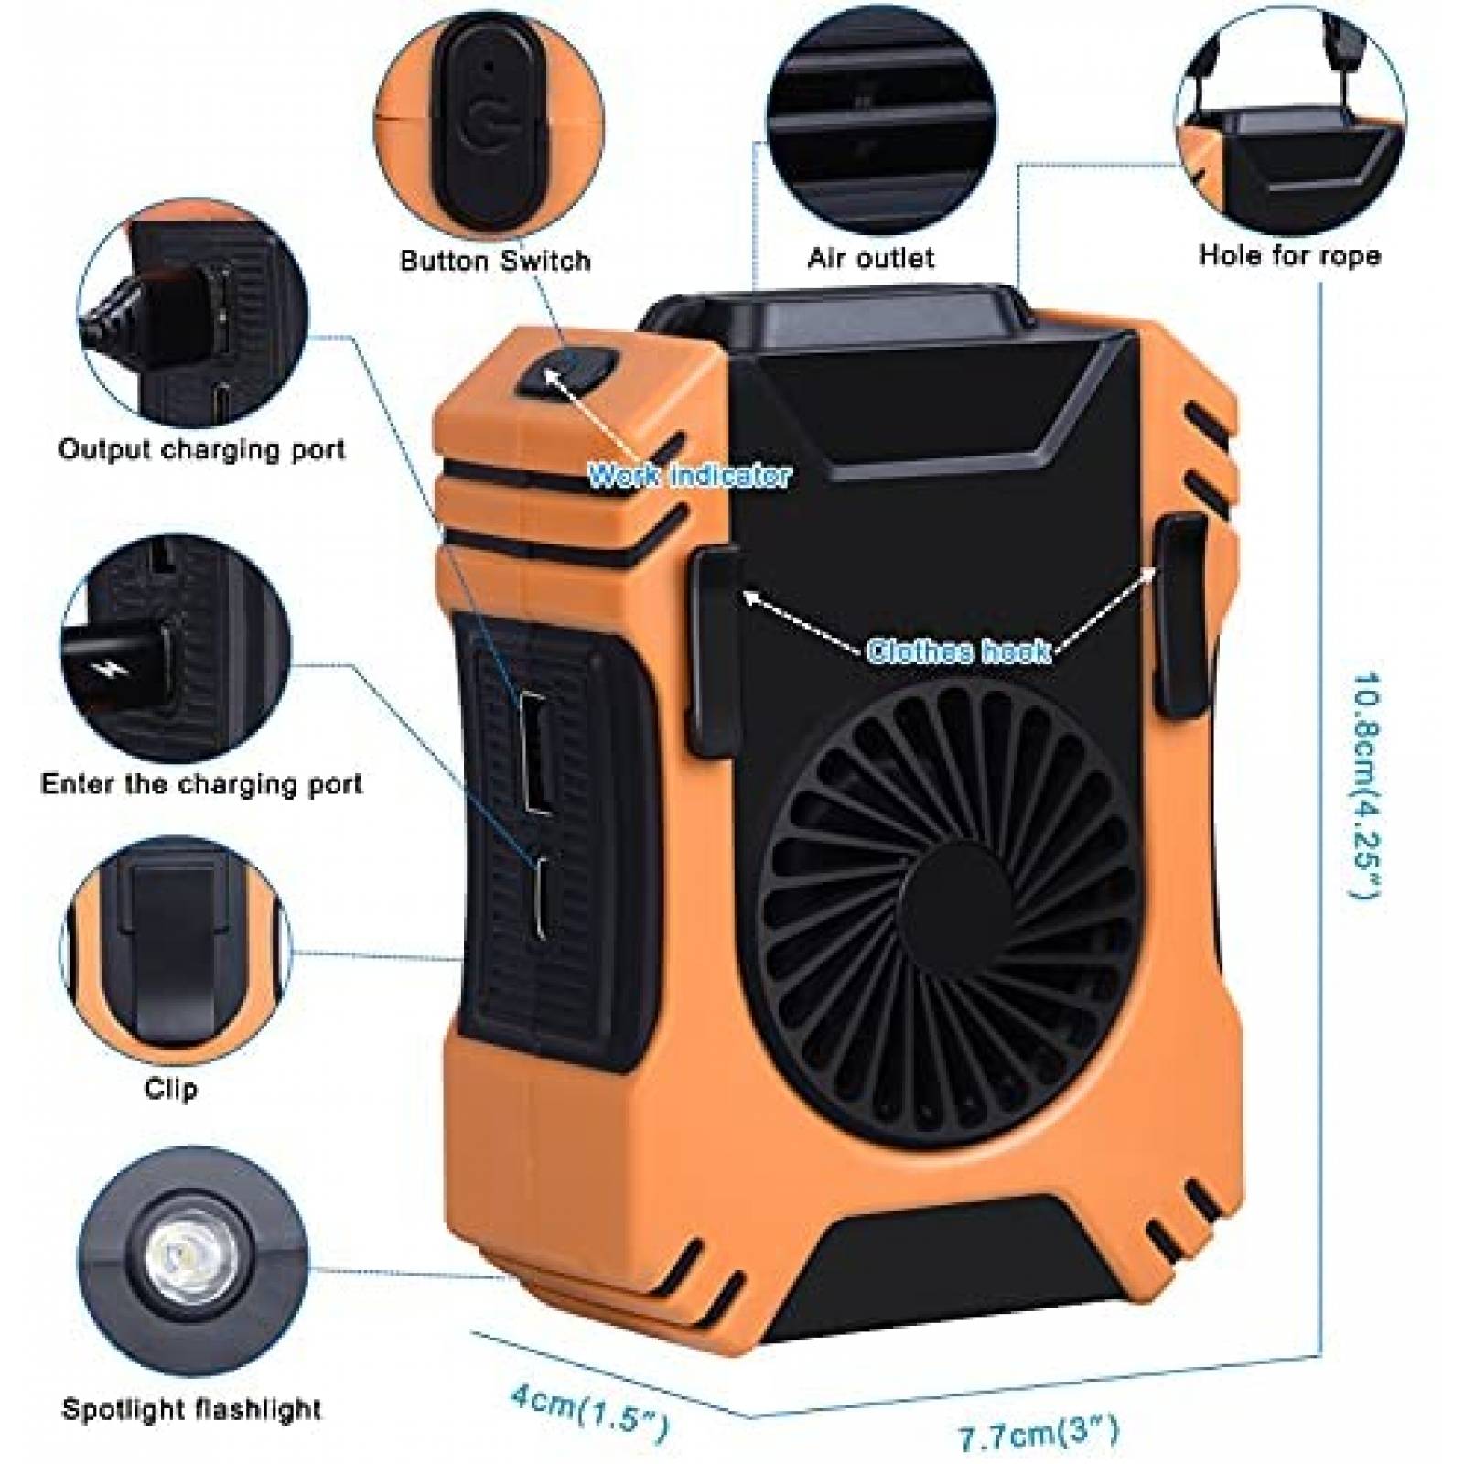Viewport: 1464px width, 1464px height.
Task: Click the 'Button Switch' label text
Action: (495, 261)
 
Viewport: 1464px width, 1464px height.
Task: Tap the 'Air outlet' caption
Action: (870, 258)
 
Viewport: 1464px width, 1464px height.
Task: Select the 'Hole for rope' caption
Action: (1289, 254)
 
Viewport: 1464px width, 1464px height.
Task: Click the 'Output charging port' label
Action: (201, 449)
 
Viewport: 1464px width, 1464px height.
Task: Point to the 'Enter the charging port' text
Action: (201, 784)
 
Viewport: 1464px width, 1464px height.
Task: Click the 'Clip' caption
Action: (171, 1089)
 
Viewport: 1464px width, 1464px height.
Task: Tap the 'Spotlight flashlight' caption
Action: (192, 1409)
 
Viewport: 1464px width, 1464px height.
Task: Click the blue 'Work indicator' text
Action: (688, 476)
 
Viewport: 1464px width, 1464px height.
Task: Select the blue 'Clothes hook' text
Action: (958, 651)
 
